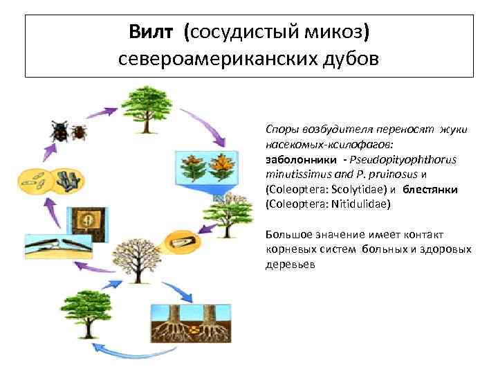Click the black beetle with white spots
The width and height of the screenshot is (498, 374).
point(59,132)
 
